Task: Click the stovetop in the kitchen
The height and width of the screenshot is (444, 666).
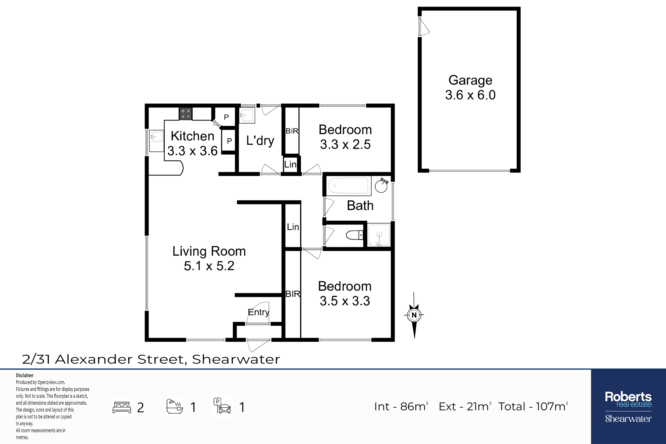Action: coord(185,113)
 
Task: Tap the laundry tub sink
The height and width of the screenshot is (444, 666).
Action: coord(247,115)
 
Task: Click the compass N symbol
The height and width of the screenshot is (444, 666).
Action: coord(414,315)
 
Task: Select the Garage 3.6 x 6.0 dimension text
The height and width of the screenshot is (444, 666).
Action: coord(470,95)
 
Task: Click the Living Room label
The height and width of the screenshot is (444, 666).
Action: coord(209,251)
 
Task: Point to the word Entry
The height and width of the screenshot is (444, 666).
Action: coord(259,312)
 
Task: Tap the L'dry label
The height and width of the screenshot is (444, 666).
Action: coord(260,141)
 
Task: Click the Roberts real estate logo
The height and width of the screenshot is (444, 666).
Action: coord(628,407)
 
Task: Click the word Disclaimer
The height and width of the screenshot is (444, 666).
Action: coord(25,375)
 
